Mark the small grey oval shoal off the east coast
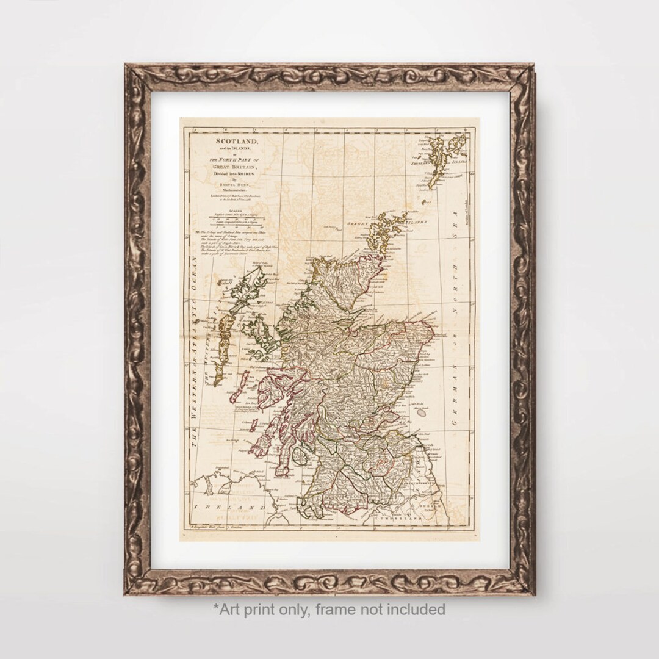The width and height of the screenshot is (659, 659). (421, 412)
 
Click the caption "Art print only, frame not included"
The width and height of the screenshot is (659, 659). (329, 609)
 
